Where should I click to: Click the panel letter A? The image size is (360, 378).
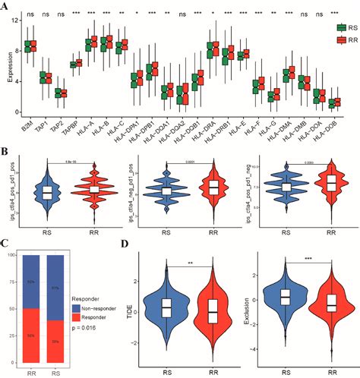pos(6,6)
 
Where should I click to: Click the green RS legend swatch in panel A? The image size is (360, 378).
pos(323,27)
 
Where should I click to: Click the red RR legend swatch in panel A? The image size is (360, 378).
pos(323,38)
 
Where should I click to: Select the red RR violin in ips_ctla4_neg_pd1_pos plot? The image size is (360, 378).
pos(213,187)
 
